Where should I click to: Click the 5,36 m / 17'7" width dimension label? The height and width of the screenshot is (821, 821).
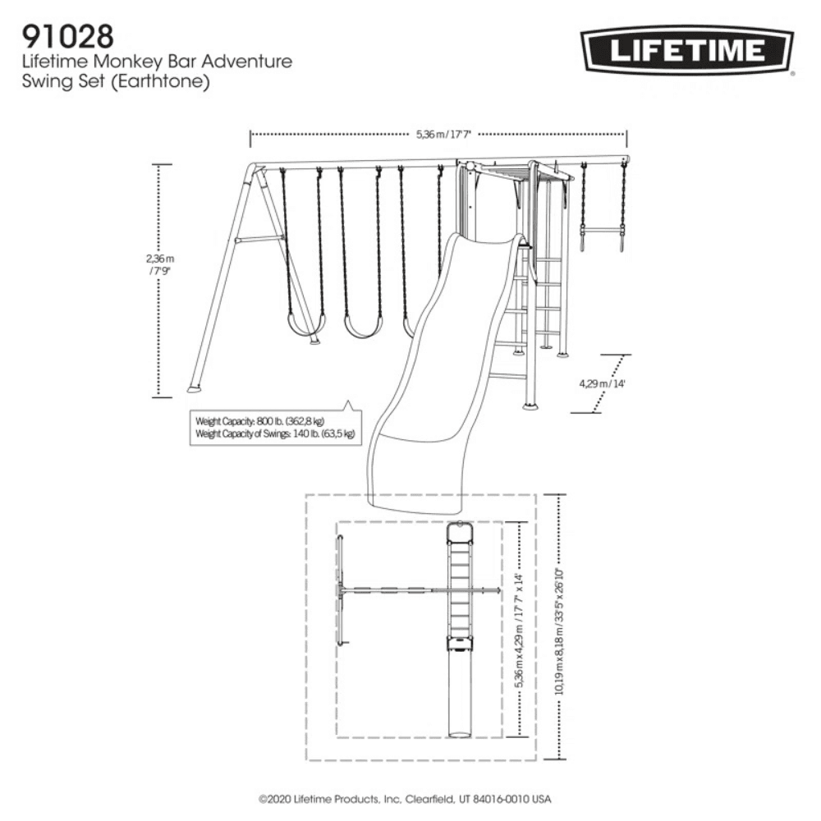pos(438,134)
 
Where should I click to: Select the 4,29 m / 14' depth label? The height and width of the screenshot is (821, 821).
pos(602,383)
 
